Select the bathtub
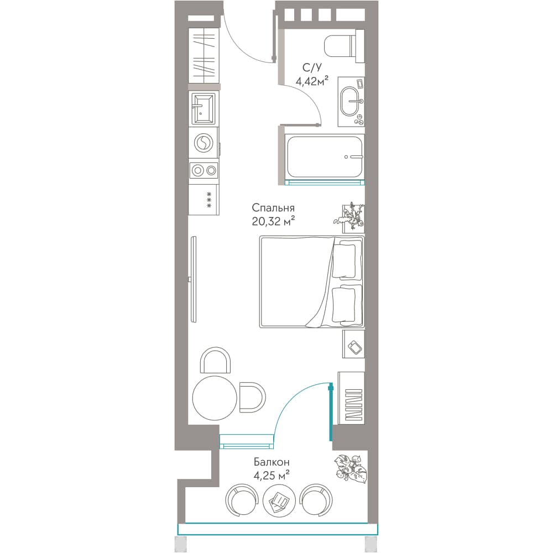pos(325,157)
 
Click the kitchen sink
pos(203,108)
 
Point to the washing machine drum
pos(203,143)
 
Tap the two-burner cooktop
pos(204,171)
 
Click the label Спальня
pos(273,207)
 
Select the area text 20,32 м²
pos(273,221)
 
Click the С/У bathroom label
pos(312,67)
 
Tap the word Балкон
pos(272,462)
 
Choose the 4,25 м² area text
pos(272,476)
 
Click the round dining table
pos(215,398)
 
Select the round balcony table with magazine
pos(279,501)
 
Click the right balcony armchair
pos(316,500)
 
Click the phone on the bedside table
pos(355,347)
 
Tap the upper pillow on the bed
pos(344,260)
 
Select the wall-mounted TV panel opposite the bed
pos(193,279)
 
